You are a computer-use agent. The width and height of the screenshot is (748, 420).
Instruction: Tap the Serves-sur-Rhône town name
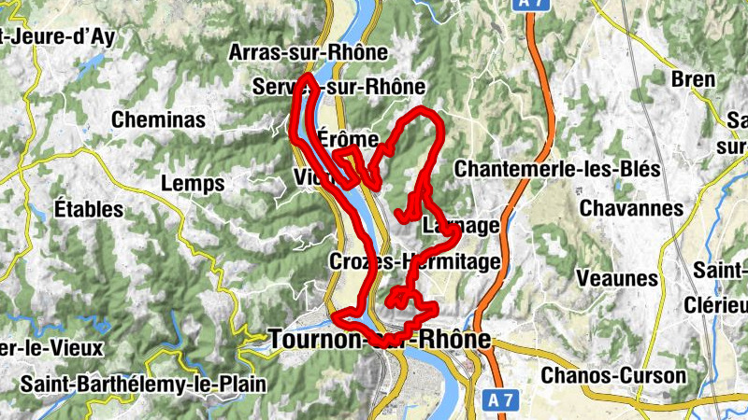(338, 87)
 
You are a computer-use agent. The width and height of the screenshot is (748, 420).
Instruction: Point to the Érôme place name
(348, 139)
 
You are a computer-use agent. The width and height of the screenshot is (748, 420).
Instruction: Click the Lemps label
(193, 184)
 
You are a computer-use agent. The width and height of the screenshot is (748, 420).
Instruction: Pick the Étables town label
(89, 208)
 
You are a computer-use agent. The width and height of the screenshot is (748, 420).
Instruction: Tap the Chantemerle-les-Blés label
(556, 169)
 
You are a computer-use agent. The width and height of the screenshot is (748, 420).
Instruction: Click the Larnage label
(461, 226)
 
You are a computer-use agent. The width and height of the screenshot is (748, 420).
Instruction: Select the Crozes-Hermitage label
(414, 262)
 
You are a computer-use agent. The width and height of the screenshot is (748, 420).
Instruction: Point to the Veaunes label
(617, 278)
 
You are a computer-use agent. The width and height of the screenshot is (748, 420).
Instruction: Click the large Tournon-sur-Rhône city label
(380, 340)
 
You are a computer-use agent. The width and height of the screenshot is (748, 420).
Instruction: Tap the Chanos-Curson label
(613, 375)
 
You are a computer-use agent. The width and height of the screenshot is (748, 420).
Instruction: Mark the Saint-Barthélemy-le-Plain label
(143, 384)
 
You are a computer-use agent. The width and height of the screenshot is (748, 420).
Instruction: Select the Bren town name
(693, 79)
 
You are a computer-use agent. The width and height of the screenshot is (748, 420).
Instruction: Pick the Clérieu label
(721, 304)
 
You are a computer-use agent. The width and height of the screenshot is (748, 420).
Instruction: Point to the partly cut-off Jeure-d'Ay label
(70, 37)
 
